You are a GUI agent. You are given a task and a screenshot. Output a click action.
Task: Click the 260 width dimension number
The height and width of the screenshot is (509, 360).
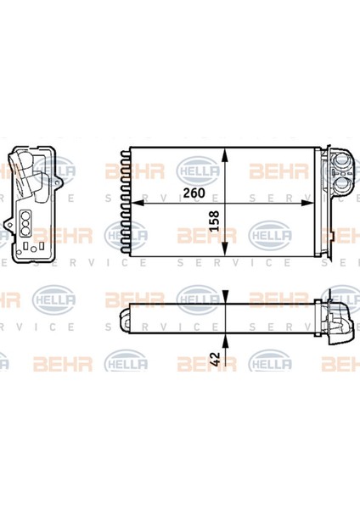pyautogui.click(x=194, y=193)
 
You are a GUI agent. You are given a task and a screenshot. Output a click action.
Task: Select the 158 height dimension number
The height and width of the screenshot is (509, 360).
pyautogui.click(x=215, y=221)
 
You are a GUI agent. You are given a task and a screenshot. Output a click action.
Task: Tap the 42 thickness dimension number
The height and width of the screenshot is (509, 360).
pyautogui.click(x=215, y=359)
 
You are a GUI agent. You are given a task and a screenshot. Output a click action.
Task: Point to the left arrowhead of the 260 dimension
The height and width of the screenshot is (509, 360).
pyautogui.click(x=137, y=203)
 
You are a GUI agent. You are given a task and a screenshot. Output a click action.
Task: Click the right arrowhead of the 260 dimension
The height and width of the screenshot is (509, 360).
pyautogui.click(x=308, y=203)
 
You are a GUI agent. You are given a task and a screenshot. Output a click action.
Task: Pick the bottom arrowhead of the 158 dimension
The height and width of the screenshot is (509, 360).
pyautogui.click(x=224, y=249)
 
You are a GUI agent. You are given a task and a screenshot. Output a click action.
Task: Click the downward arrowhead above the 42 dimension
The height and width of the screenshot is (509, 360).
pyautogui.click(x=225, y=297)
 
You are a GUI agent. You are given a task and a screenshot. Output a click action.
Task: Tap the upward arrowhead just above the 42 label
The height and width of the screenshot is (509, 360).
pyautogui.click(x=225, y=340)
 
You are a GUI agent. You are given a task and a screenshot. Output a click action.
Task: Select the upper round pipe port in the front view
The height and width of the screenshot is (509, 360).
pyautogui.click(x=341, y=160)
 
